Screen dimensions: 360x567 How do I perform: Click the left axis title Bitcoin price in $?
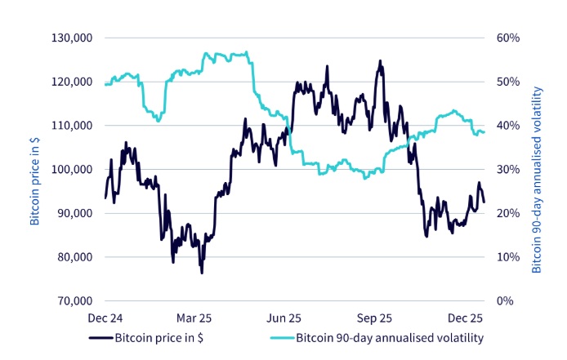[35, 169]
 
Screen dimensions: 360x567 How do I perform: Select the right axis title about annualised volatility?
[537, 169]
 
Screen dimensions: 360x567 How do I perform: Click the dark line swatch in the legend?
[100, 338]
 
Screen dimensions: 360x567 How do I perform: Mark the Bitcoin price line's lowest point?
[201, 273]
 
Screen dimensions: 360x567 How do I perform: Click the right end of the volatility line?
[484, 132]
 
